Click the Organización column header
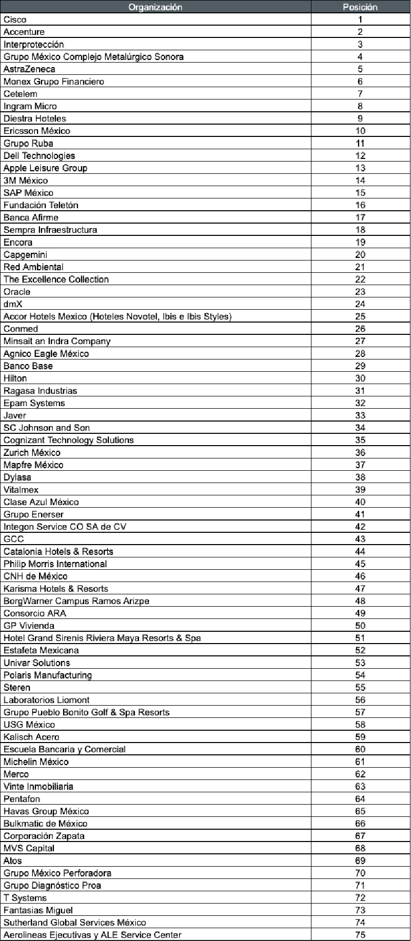[x=155, y=7]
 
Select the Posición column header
[x=360, y=7]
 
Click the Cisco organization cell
[x=15, y=19]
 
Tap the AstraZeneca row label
[x=29, y=69]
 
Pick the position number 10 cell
[x=360, y=131]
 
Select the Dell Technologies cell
[x=39, y=155]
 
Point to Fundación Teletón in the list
[x=41, y=205]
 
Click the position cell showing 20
[x=360, y=254]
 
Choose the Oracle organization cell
[x=17, y=292]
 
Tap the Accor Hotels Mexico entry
[x=118, y=316]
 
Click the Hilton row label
[x=15, y=378]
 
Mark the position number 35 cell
[x=360, y=440]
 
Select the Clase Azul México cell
[x=41, y=502]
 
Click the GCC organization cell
[x=14, y=539]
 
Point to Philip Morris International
[x=55, y=564]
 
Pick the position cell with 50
[x=360, y=626]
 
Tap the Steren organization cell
[x=17, y=687]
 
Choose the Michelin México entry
[x=36, y=762]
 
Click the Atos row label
[x=13, y=860]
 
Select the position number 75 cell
[x=360, y=934]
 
